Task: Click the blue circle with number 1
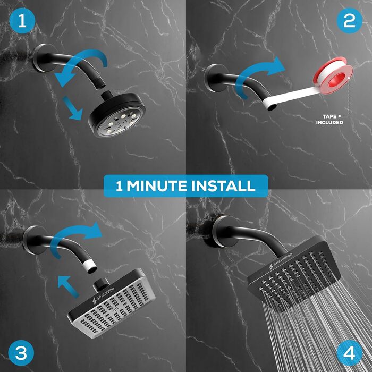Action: point(22,21)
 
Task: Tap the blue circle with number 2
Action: point(350,21)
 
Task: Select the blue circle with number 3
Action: point(21,353)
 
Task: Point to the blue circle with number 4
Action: point(350,353)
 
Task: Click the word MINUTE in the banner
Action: point(157,186)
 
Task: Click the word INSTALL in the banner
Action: point(224,186)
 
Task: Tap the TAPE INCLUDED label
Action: point(329,120)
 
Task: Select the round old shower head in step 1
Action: point(116,114)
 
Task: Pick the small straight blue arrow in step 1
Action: point(72,107)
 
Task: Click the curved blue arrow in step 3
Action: point(76,237)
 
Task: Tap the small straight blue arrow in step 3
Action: point(69,286)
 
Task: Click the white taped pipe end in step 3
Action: point(91,265)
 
